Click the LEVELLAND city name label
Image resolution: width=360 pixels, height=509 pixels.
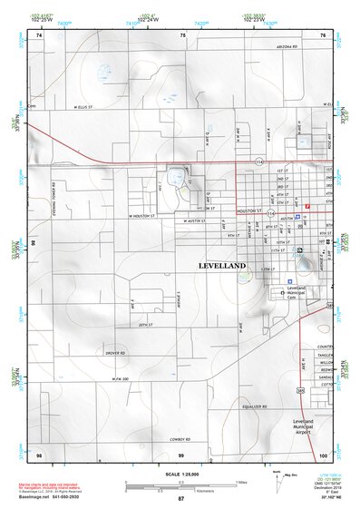(x=221, y=265)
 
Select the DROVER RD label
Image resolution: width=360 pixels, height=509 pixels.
(x=114, y=351)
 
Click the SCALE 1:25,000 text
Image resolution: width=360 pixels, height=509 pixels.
(x=181, y=474)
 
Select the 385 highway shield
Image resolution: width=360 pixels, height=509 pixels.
(x=299, y=391)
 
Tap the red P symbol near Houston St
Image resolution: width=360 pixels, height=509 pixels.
(x=307, y=207)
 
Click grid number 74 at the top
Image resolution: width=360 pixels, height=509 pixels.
(x=39, y=34)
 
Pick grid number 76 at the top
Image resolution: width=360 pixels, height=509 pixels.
(x=324, y=34)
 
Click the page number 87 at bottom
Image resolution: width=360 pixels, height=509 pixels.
(x=180, y=499)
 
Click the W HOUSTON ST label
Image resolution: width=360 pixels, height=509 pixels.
(x=142, y=216)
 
